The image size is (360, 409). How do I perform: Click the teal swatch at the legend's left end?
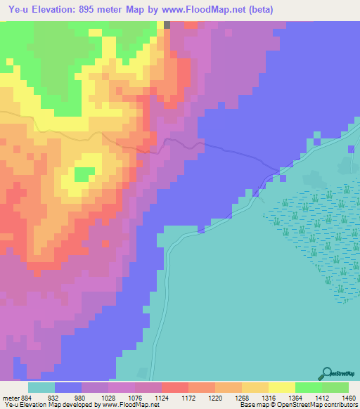click(41, 387)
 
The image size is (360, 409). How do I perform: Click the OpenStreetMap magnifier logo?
click(326, 373)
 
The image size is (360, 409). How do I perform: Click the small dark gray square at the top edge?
click(167, 25)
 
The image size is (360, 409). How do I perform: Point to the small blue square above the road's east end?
click(317, 141)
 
